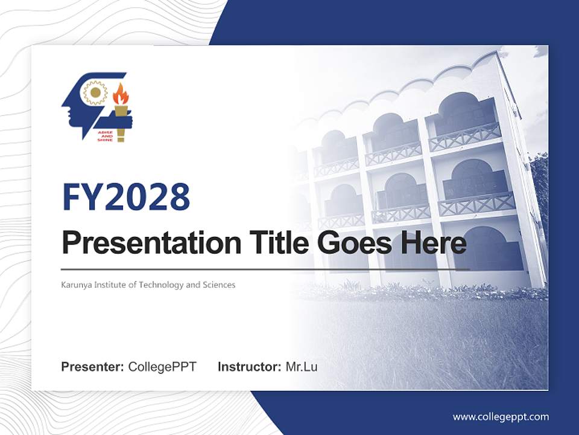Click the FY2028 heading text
pyautogui.click(x=126, y=197)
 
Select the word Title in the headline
pyautogui.click(x=277, y=243)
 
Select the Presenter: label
pyautogui.click(x=93, y=367)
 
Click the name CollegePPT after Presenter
pyautogui.click(x=162, y=367)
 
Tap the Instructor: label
pyautogui.click(x=249, y=367)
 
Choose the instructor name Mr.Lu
pyautogui.click(x=302, y=367)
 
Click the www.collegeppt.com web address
pyautogui.click(x=501, y=416)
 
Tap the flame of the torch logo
pyautogui.click(x=121, y=94)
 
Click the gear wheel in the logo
pyautogui.click(x=95, y=92)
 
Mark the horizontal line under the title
pyautogui.click(x=265, y=269)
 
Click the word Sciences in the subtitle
pyautogui.click(x=218, y=285)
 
